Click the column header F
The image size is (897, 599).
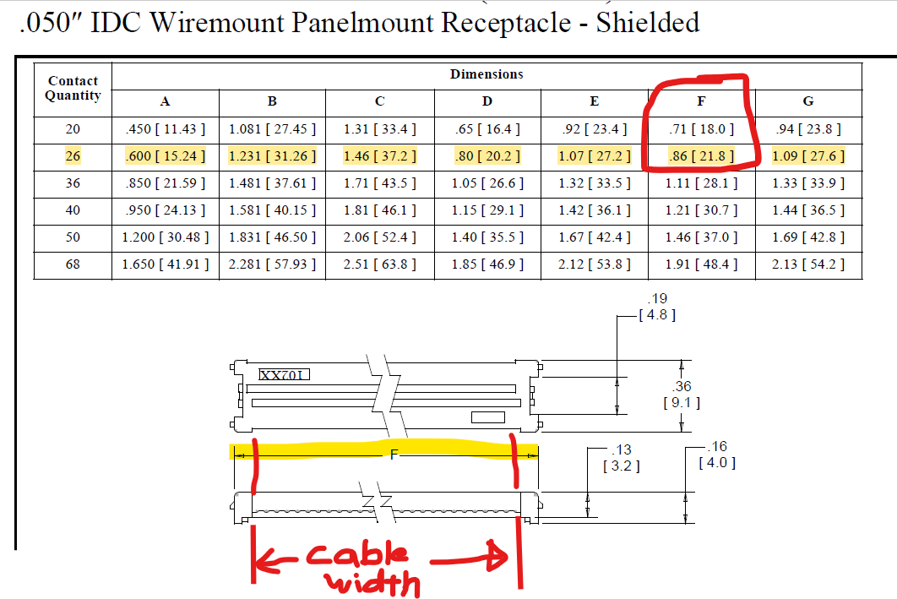point(701,101)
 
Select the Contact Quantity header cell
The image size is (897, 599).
point(73,88)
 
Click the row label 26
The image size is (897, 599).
point(73,156)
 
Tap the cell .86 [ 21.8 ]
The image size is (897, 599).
point(701,156)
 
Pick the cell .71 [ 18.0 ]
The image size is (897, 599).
point(701,129)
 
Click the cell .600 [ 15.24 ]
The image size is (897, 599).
point(165,156)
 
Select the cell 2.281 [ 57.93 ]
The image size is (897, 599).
point(272,264)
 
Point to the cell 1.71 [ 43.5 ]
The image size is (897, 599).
point(379,183)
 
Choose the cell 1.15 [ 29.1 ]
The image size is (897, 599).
point(487,210)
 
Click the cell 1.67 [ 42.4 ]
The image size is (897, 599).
point(595,237)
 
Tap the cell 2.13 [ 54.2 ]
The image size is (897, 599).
point(808,264)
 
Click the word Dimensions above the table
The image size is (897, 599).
point(487,74)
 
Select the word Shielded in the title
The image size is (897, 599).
point(647,22)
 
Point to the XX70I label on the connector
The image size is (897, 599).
point(285,374)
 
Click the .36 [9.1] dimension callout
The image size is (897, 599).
point(682,395)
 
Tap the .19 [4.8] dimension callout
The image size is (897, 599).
point(656,307)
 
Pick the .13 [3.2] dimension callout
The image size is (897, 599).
point(620,457)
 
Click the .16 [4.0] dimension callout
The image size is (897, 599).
point(717,455)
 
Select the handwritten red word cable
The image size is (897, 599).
point(356,557)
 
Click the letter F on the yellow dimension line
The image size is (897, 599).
point(393,455)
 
